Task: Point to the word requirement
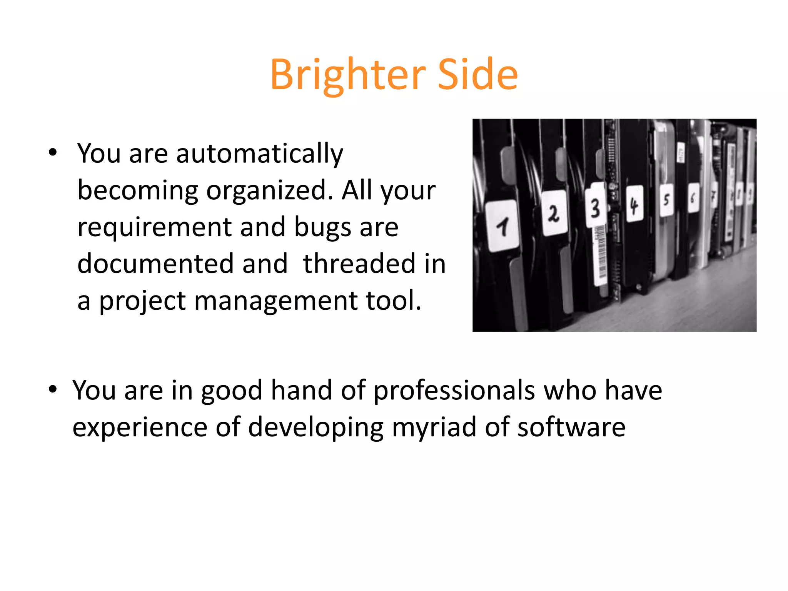[154, 227]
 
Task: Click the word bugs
[322, 227]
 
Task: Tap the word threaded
[359, 264]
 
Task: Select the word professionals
[454, 391]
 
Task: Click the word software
[571, 427]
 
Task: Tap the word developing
[316, 427]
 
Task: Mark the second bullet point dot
[53, 389]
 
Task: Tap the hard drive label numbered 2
[554, 213]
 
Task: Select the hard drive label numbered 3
[595, 208]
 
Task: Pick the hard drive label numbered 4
[634, 204]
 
